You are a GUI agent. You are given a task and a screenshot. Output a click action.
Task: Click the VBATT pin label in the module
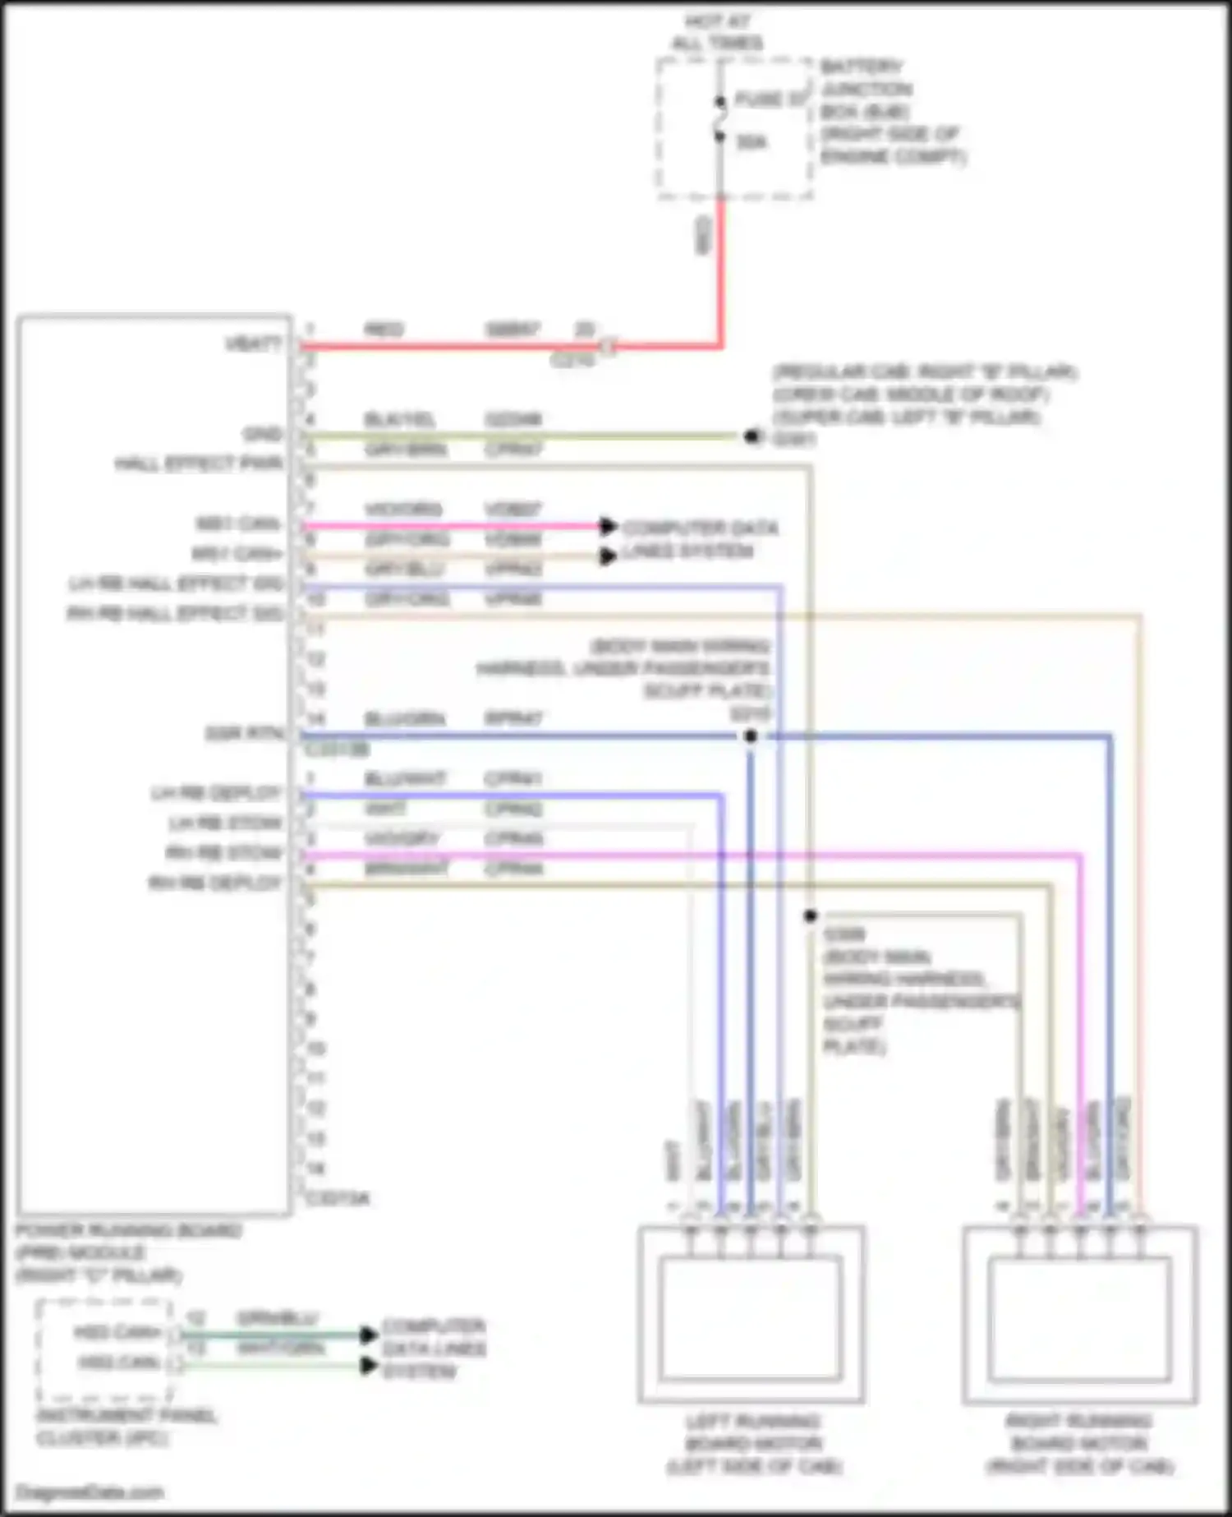253,344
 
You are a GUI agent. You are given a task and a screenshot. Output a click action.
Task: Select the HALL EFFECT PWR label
199,464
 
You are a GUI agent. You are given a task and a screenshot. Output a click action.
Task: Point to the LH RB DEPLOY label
215,794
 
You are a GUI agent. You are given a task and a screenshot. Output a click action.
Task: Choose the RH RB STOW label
223,854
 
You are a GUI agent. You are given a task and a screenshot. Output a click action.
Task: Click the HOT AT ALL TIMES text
717,32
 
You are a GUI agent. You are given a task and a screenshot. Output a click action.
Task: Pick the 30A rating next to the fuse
752,142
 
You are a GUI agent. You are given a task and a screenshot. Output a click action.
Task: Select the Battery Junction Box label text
891,111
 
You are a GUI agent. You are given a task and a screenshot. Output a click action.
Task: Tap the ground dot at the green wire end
751,436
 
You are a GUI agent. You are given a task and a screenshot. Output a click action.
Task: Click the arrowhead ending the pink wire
609,526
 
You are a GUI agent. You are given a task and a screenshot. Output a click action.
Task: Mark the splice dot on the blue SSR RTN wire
750,736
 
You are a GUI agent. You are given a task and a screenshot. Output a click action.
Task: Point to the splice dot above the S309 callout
811,915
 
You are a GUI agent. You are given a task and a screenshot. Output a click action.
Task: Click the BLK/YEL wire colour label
400,420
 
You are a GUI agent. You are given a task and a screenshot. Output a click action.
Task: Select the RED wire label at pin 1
384,330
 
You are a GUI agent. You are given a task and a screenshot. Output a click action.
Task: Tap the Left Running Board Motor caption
752,1444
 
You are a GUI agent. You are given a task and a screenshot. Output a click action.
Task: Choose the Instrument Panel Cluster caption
126,1427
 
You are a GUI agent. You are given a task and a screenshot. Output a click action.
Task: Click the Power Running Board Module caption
127,1252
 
